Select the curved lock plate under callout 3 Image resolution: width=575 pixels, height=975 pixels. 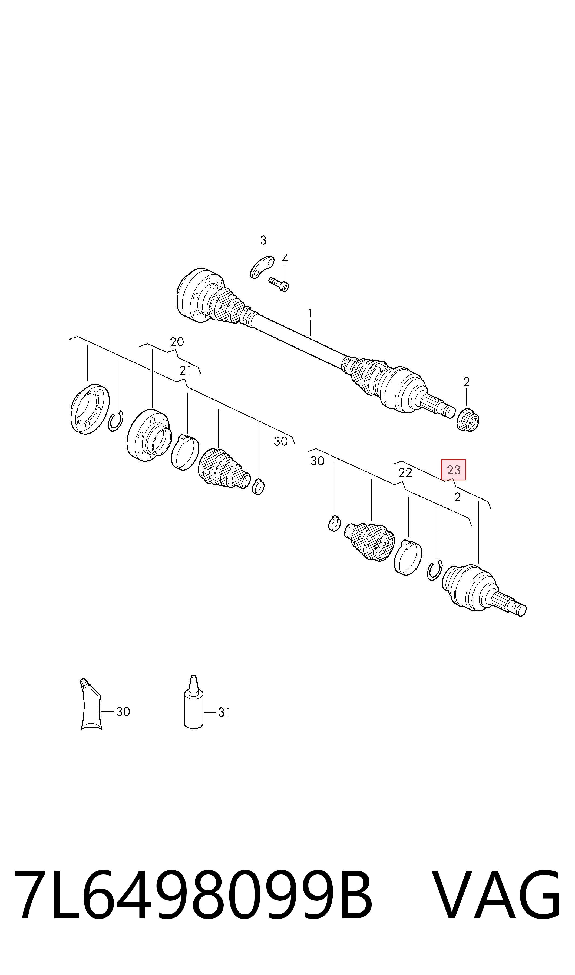click(x=262, y=267)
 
